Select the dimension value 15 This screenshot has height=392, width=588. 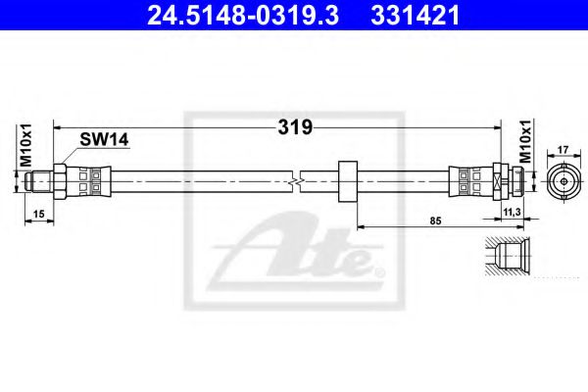(37, 214)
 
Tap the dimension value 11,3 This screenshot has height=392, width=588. (512, 211)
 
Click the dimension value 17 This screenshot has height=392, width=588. (563, 150)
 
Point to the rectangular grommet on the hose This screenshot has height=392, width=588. (346, 181)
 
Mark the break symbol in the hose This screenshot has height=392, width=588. (297, 181)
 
